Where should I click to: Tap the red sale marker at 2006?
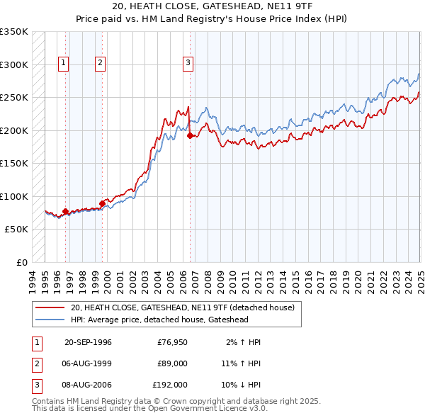(x=190, y=136)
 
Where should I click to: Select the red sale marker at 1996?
(x=66, y=211)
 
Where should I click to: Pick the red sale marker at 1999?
(x=102, y=203)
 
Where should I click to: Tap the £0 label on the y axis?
(x=21, y=262)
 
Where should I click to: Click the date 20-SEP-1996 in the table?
(x=88, y=342)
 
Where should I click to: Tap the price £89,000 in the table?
(x=172, y=363)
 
